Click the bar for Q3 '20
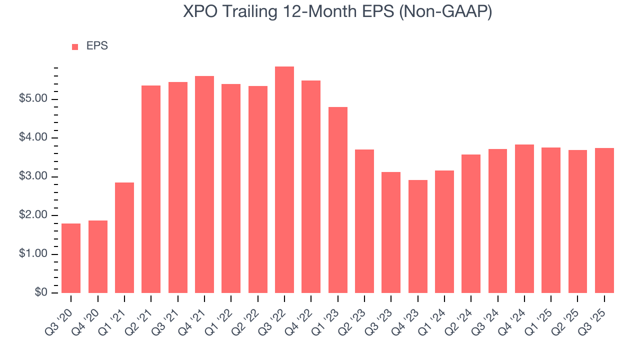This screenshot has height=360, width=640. [x=71, y=258]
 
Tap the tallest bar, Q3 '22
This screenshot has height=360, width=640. [x=284, y=179]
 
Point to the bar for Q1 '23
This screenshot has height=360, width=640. [x=337, y=200]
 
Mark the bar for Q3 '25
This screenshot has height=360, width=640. [x=604, y=220]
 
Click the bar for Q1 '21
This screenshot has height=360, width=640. [x=124, y=237]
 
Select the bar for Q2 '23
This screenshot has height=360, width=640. [x=364, y=221]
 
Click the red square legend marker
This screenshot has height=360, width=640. [x=75, y=46]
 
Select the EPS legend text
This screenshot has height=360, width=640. [x=97, y=46]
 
